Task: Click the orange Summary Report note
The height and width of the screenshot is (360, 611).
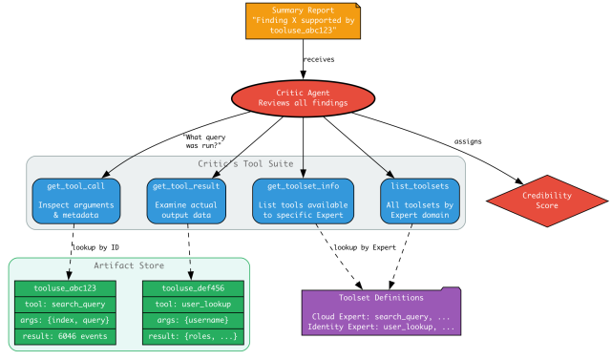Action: (x=303, y=21)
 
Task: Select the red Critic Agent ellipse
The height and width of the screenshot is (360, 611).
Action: (x=304, y=97)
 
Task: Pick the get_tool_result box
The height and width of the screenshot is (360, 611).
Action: (x=188, y=201)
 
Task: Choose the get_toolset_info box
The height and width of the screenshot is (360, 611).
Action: (x=304, y=201)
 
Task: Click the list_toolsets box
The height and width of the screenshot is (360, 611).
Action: (x=419, y=201)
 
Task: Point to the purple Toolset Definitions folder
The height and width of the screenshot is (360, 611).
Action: (x=381, y=312)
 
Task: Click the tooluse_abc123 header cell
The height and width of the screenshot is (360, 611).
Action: (x=65, y=287)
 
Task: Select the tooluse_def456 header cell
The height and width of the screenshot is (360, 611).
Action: (x=193, y=287)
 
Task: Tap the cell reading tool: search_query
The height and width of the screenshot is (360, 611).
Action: (x=65, y=304)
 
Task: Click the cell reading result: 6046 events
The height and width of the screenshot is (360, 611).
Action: (x=65, y=335)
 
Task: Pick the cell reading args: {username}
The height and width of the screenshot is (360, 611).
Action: (x=193, y=320)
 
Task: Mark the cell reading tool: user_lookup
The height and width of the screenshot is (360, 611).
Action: (x=193, y=304)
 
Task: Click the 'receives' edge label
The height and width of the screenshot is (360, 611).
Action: (x=319, y=59)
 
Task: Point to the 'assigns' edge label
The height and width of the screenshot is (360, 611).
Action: (x=468, y=141)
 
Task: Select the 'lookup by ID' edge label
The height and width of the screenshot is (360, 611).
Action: (x=95, y=247)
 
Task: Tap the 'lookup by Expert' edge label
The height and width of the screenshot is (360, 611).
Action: (x=364, y=247)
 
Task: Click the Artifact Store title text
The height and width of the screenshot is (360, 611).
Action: (x=129, y=265)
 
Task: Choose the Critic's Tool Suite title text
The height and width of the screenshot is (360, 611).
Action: (x=245, y=164)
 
